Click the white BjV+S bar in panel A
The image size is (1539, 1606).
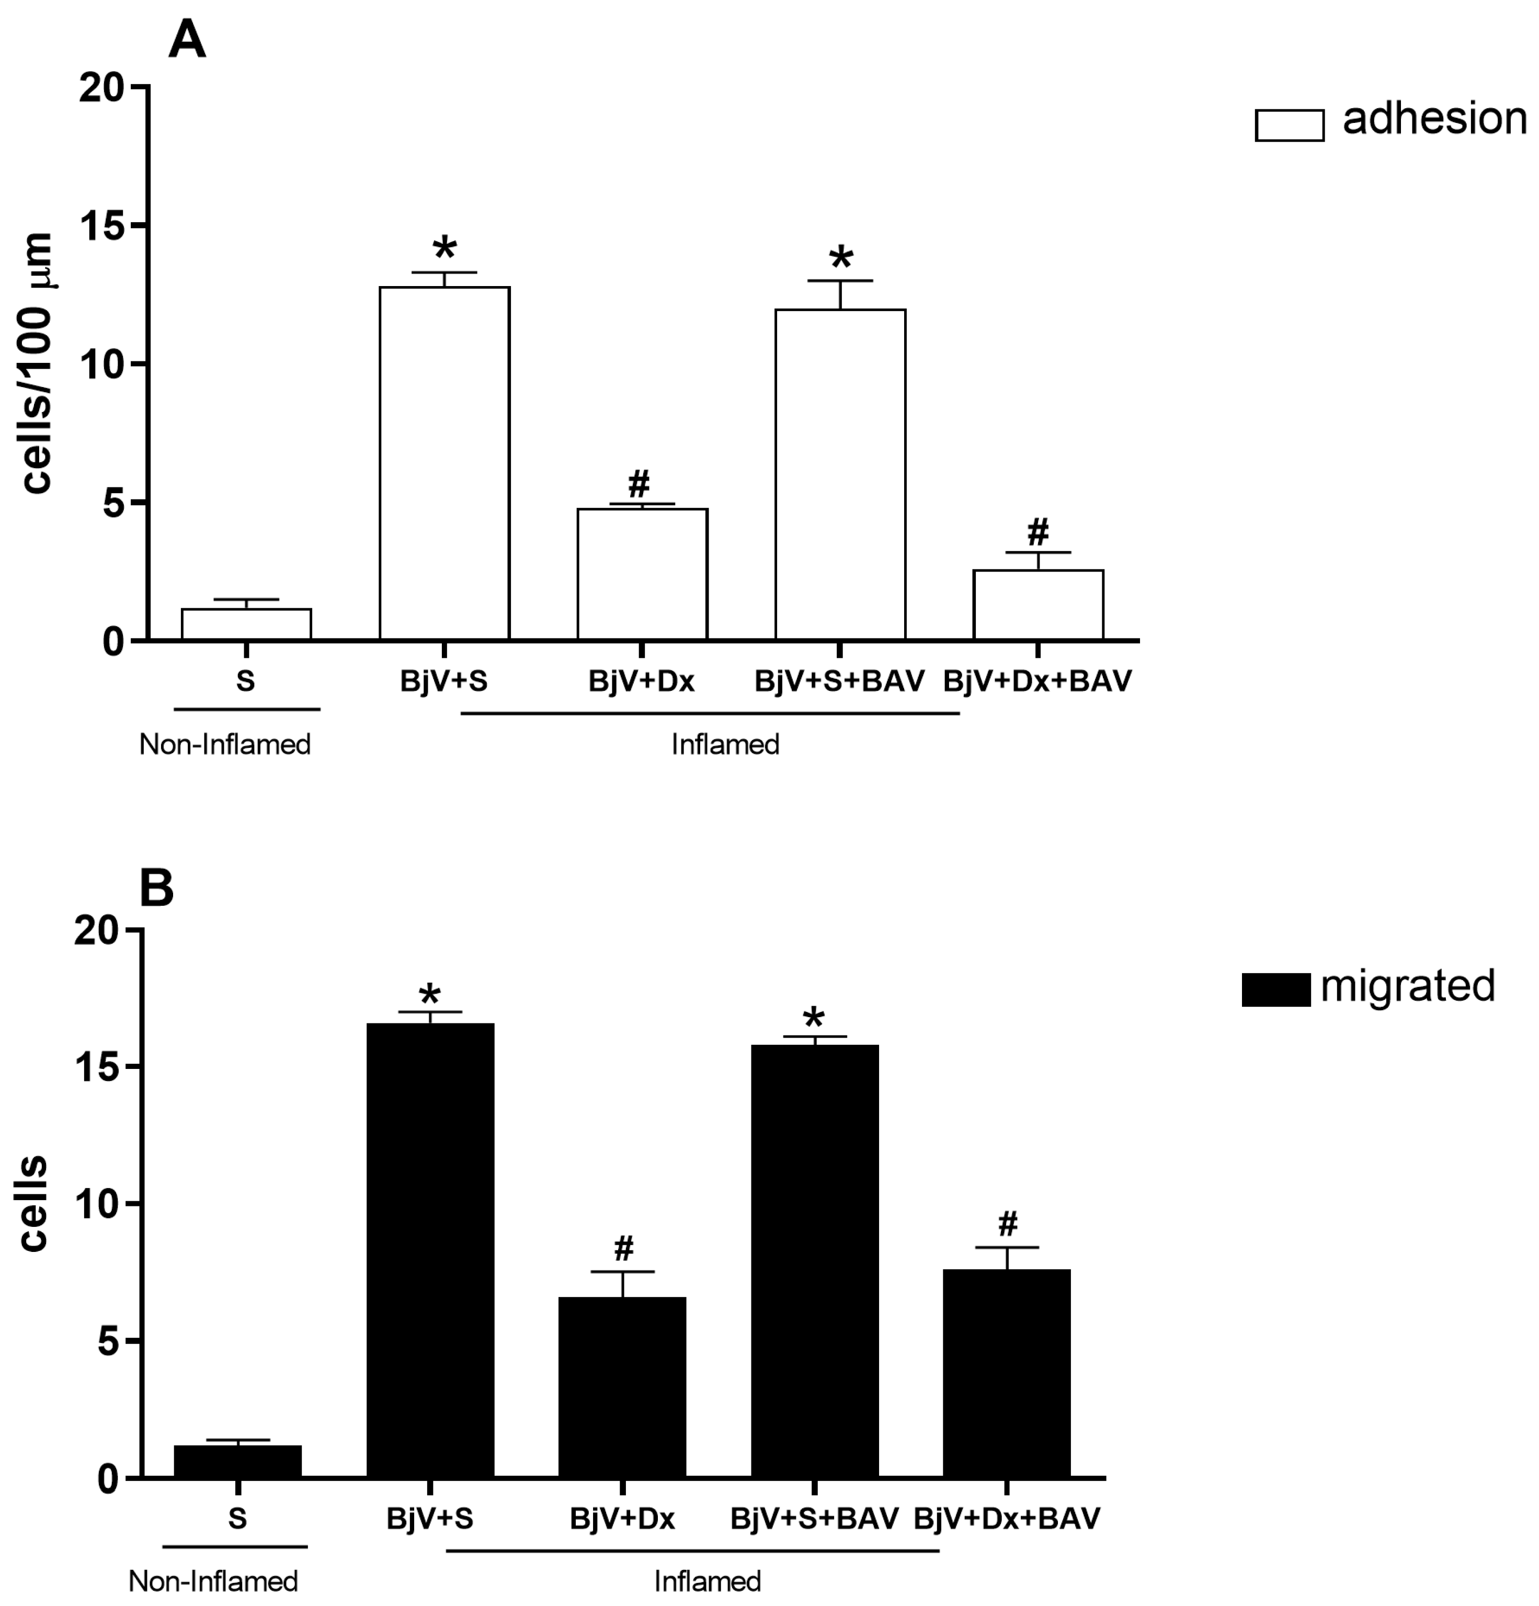point(444,463)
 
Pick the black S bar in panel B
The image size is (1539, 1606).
point(237,1462)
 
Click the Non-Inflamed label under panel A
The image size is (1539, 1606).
point(224,745)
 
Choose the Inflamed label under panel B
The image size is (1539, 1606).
point(707,1580)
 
